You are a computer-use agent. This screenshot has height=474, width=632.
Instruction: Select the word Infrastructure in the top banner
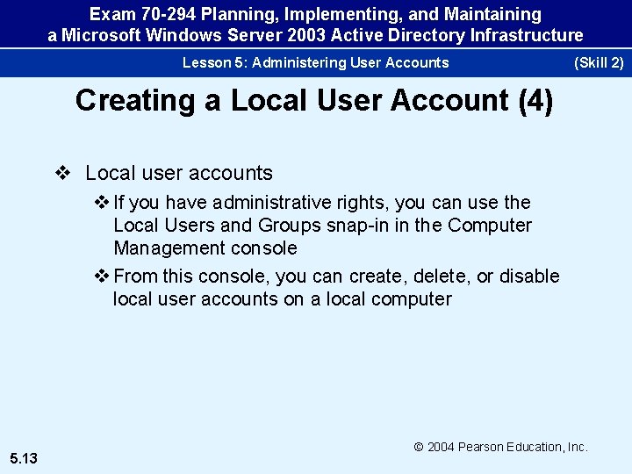(530, 35)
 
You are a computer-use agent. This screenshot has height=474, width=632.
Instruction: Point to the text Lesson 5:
(211, 62)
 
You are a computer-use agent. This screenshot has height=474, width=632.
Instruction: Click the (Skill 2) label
(598, 62)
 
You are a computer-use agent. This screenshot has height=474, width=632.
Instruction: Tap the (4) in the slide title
(535, 101)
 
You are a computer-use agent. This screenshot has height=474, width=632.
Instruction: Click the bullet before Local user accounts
(62, 173)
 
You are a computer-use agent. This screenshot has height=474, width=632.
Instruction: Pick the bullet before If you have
(102, 203)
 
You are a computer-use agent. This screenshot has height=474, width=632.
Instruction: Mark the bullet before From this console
(102, 276)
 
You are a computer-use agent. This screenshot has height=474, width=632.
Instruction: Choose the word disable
(529, 276)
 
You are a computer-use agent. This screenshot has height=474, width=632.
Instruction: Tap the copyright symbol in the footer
(419, 447)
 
